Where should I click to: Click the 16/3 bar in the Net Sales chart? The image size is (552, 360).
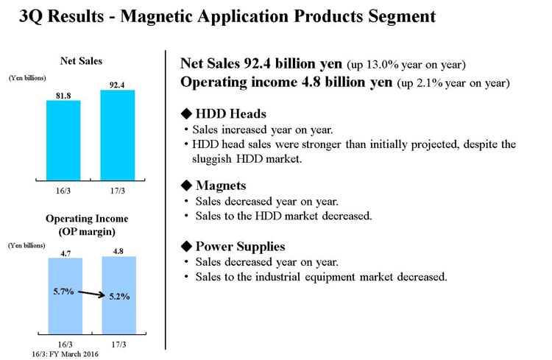(x=63, y=141)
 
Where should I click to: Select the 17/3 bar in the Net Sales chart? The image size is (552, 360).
(x=118, y=135)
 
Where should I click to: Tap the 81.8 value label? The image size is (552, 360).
(x=63, y=96)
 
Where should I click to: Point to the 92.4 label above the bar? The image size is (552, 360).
(x=117, y=85)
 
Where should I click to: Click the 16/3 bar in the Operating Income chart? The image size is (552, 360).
(x=66, y=296)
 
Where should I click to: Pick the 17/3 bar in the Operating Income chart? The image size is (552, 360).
(x=119, y=295)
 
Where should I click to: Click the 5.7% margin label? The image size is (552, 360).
(x=64, y=292)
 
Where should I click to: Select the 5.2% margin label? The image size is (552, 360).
(x=119, y=296)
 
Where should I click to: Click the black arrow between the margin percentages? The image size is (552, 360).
(x=91, y=294)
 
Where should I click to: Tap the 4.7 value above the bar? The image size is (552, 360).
(x=66, y=253)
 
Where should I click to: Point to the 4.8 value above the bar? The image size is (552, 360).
(x=118, y=251)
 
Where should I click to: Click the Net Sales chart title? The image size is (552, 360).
(x=81, y=61)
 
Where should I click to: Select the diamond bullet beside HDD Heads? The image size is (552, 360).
(x=186, y=114)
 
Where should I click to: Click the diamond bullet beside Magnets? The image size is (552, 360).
(x=186, y=186)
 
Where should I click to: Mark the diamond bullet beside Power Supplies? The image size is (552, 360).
(x=186, y=246)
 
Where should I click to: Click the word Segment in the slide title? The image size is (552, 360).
(x=402, y=17)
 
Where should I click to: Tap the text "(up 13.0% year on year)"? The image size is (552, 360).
(x=406, y=65)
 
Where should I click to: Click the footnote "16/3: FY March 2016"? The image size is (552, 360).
(x=65, y=354)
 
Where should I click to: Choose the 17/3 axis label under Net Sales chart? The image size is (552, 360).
(x=118, y=191)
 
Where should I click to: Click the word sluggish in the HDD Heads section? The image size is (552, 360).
(x=211, y=159)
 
